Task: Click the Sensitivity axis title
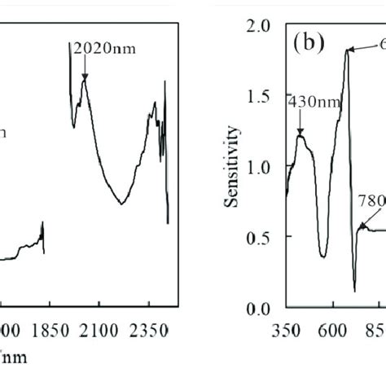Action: coord(237,164)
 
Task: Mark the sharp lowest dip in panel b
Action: coord(355,289)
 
